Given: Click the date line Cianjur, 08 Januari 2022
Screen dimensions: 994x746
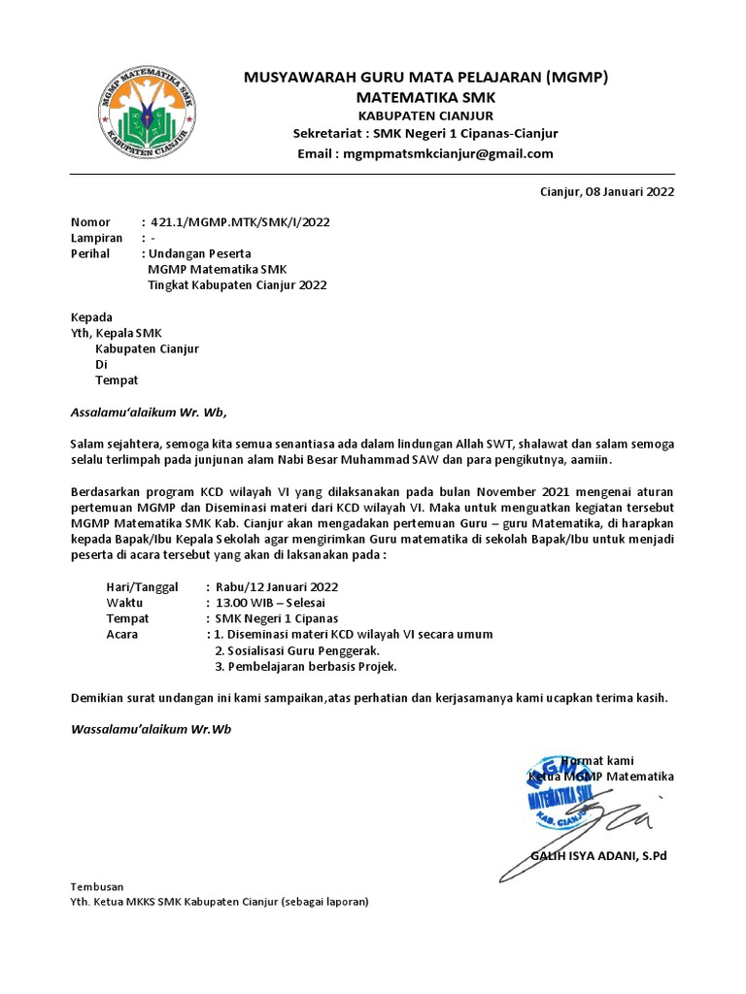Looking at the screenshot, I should (x=606, y=191).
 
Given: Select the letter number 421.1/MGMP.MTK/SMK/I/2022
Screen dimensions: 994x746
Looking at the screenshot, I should (x=239, y=221).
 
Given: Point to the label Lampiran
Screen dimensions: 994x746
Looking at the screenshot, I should (x=96, y=238).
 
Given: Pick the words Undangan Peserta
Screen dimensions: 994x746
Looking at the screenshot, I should (x=198, y=253).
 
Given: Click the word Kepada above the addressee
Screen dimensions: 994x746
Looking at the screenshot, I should (x=92, y=317).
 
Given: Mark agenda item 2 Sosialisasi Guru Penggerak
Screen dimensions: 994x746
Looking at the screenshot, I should (x=296, y=650).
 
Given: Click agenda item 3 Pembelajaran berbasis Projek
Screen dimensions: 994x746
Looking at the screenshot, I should (x=305, y=667).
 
